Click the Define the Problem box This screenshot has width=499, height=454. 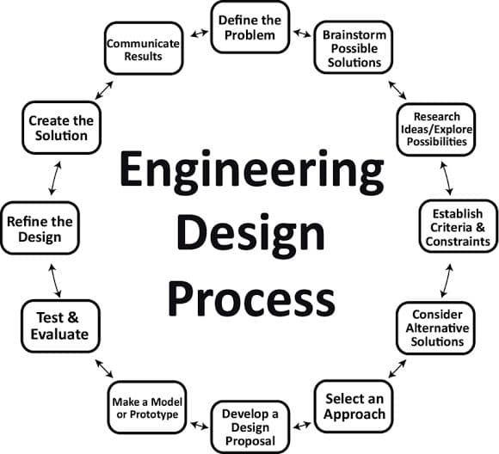tap(250, 28)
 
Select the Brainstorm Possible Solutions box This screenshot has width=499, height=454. tap(354, 47)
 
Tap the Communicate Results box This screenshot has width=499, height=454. tap(144, 48)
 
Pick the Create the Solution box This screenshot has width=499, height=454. tap(61, 127)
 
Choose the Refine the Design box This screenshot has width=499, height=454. tap(40, 228)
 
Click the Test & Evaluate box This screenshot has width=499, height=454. tap(60, 326)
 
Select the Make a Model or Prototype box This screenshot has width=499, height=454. tap(147, 408)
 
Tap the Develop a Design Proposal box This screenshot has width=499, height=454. tap(250, 427)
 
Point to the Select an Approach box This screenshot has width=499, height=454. tap(354, 406)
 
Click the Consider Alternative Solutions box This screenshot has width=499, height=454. tap(435, 328)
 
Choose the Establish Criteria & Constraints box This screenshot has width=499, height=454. tap(459, 226)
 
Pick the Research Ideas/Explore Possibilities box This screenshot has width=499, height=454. tap(436, 130)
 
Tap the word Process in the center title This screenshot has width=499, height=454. tap(251, 299)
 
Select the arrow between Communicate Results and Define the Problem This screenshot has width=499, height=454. tap(200, 33)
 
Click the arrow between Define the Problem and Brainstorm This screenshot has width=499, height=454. tap(302, 33)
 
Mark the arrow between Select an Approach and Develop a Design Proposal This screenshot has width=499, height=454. tap(302, 425)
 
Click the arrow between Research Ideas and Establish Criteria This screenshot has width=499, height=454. tap(447, 178)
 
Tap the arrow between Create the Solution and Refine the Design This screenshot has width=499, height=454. tap(55, 178)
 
